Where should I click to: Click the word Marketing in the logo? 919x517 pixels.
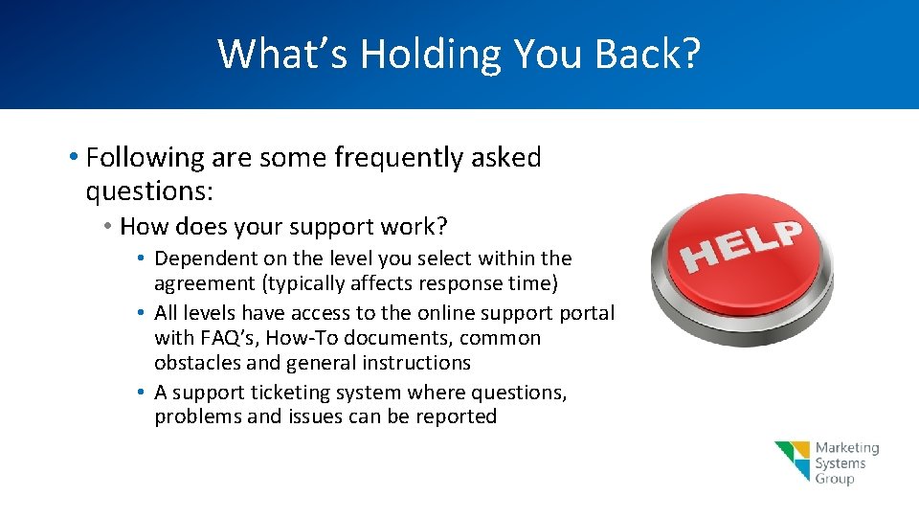click(x=846, y=448)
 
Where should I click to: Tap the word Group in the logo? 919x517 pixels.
click(x=835, y=479)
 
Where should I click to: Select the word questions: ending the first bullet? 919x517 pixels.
click(x=149, y=191)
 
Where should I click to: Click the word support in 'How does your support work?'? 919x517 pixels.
click(x=330, y=227)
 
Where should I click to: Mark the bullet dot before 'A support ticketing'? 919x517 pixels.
click(x=141, y=393)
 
